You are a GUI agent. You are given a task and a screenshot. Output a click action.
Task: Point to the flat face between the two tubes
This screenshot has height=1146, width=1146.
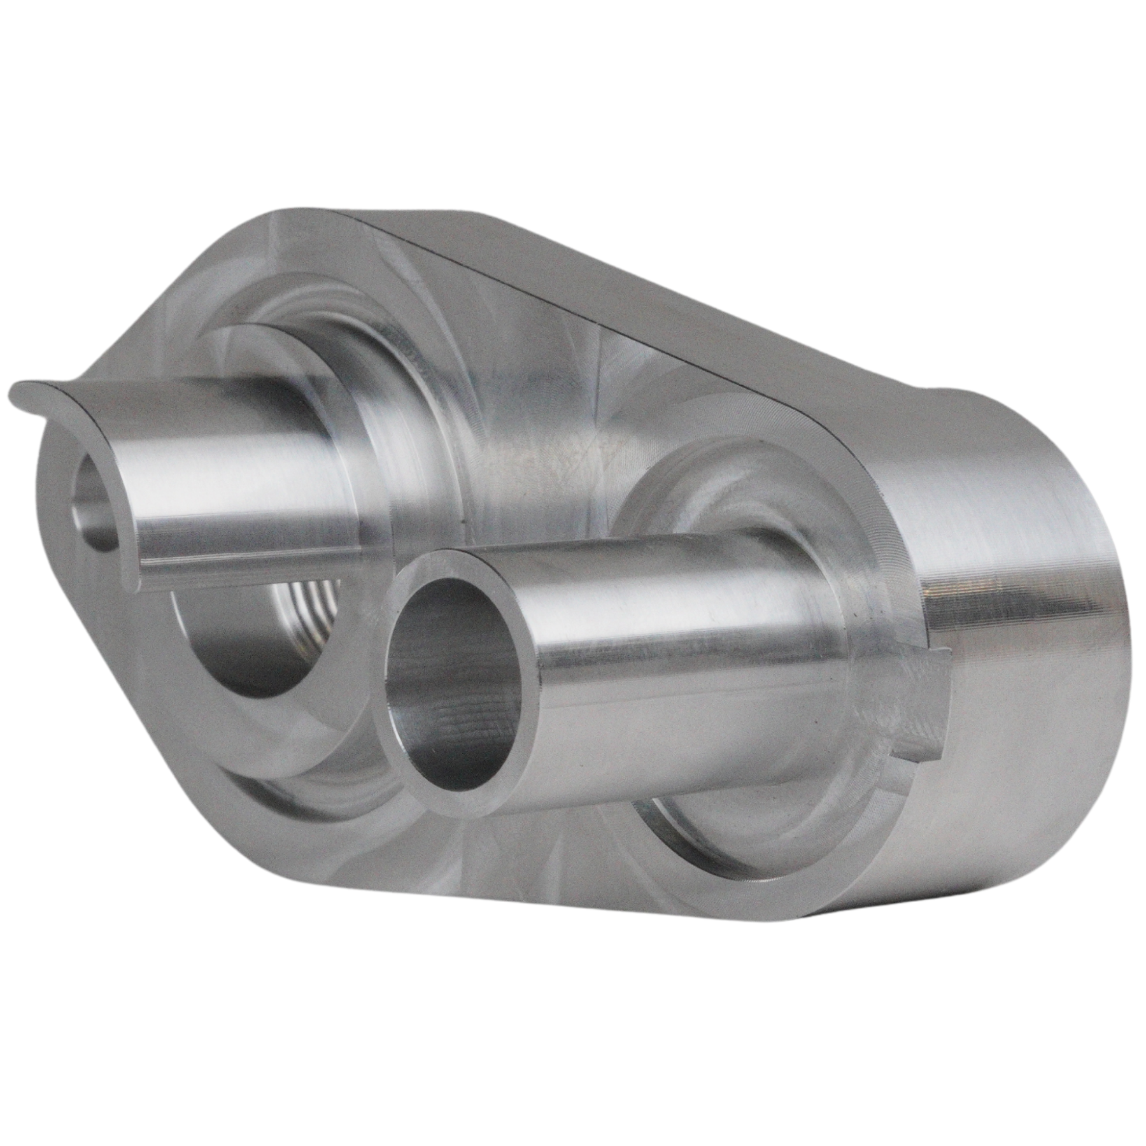(x=509, y=446)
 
